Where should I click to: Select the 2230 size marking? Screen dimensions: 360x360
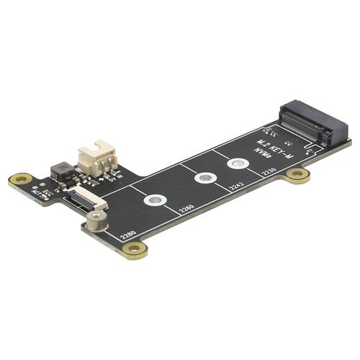tap(270, 172)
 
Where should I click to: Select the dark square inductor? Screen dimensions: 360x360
tap(62, 171)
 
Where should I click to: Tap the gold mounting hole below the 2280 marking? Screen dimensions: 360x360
tap(135, 249)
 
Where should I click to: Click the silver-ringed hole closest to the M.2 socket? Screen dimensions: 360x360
tap(237, 164)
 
